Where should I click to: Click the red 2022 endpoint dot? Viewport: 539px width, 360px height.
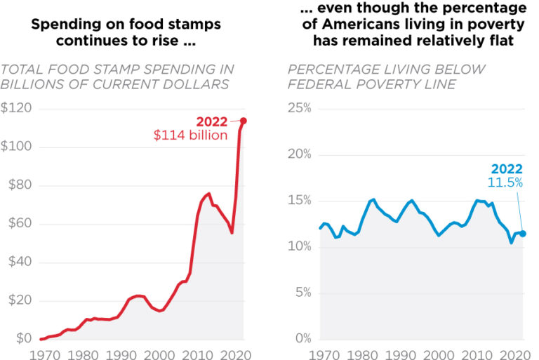[244, 121]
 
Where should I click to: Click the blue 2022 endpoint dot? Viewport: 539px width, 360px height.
[523, 234]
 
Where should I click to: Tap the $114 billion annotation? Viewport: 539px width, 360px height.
[191, 135]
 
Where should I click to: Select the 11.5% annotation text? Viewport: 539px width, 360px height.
[505, 182]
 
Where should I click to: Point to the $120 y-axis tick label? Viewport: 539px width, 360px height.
[15, 109]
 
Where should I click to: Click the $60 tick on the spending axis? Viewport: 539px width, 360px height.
[15, 224]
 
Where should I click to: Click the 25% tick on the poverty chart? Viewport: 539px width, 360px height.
[300, 109]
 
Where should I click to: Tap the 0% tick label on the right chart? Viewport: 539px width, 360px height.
[303, 339]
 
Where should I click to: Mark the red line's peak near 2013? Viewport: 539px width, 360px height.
[209, 194]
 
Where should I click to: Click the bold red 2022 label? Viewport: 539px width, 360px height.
[211, 121]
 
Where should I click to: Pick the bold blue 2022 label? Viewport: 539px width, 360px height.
[507, 168]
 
